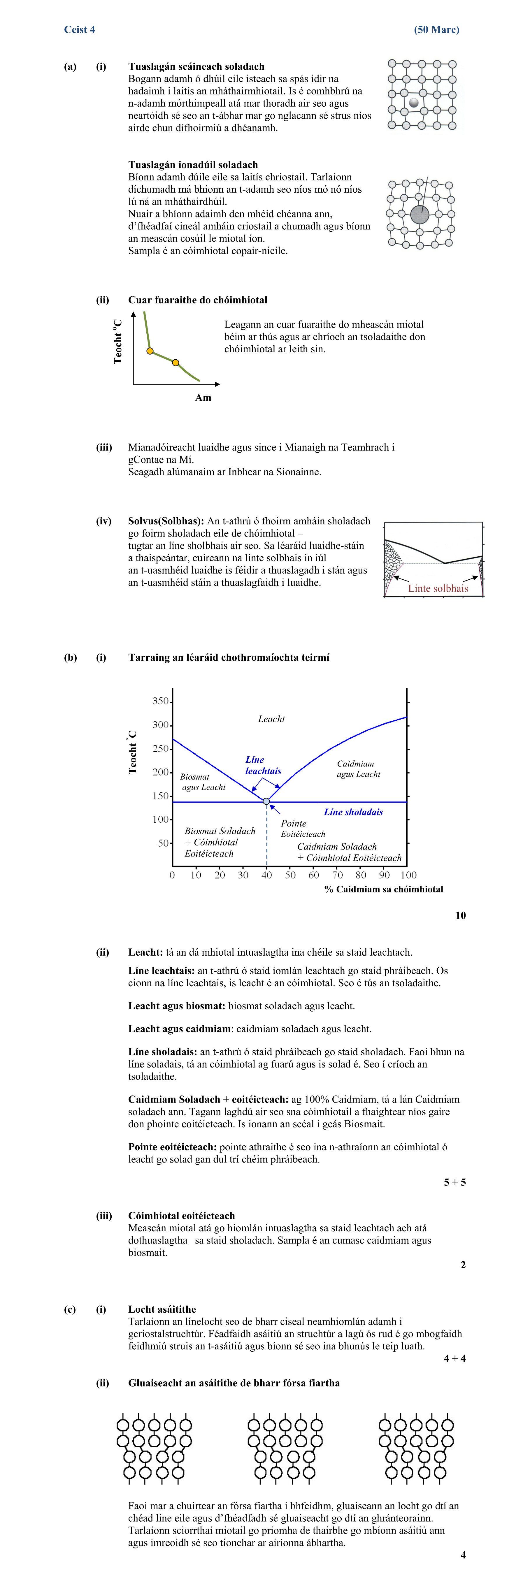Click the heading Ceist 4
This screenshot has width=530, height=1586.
point(79,29)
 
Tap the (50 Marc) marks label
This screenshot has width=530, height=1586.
point(436,29)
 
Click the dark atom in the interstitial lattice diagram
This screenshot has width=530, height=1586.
point(414,102)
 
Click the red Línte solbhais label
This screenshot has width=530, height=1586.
point(438,588)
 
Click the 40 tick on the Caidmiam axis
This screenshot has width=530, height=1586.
point(266,875)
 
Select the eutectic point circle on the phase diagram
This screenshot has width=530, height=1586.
point(266,801)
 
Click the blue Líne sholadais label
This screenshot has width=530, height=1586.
point(353,812)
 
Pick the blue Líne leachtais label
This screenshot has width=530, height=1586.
point(263,765)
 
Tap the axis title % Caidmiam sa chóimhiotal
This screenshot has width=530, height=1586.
point(383,889)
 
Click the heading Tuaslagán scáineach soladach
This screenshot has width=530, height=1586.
point(196,66)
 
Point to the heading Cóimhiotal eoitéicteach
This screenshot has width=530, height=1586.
point(182,1216)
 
